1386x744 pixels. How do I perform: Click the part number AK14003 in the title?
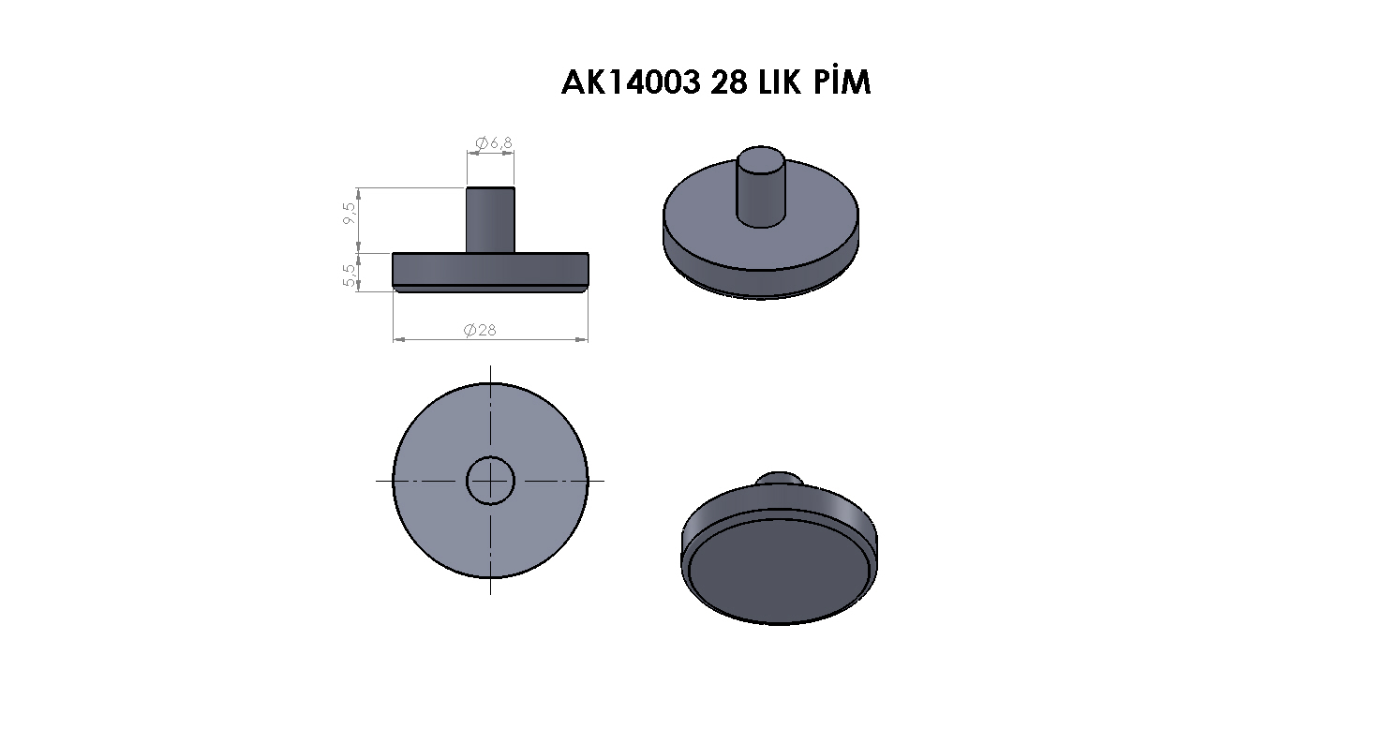pos(631,82)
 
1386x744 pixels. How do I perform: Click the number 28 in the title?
pos(729,82)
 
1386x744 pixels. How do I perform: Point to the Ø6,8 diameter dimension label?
pos(494,142)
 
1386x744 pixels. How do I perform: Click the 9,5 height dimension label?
pos(350,214)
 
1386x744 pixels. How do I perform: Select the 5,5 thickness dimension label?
pos(350,275)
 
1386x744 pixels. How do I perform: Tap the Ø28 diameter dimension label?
pos(480,330)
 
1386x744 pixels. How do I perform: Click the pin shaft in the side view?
pos(490,219)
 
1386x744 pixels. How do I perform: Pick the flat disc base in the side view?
pos(491,272)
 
